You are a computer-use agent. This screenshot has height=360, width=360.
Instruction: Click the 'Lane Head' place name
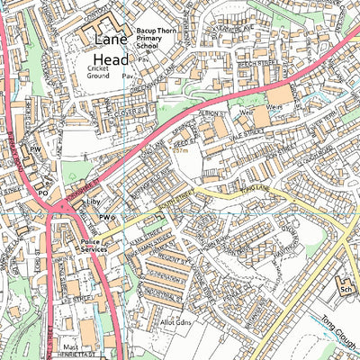pos(106,50)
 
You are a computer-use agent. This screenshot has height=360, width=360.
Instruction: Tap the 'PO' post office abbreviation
pos(42,192)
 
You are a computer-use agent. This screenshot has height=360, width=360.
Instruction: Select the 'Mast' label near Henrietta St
pos(71,346)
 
